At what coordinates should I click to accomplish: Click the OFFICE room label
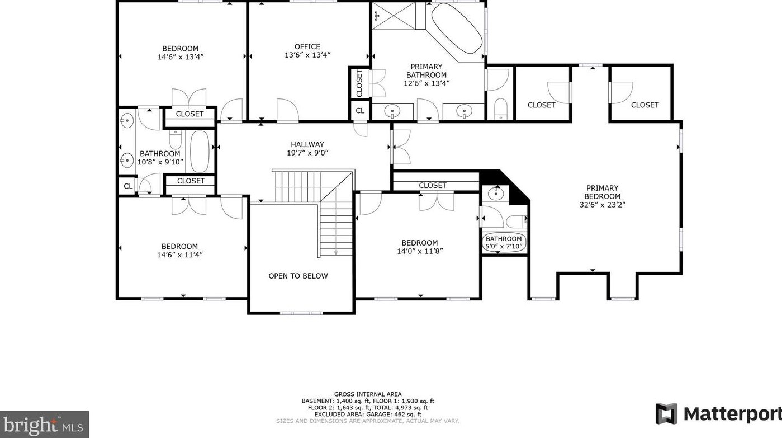pyautogui.click(x=307, y=47)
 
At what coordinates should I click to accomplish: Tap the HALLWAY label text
pyautogui.click(x=307, y=144)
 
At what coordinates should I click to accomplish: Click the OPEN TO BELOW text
pyautogui.click(x=298, y=276)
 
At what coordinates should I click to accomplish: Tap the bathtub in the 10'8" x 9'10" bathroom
pyautogui.click(x=200, y=152)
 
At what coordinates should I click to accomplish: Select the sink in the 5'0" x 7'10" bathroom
pyautogui.click(x=495, y=193)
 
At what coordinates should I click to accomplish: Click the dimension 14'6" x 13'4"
pyautogui.click(x=180, y=56)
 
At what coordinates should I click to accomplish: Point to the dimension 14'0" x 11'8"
pyautogui.click(x=419, y=251)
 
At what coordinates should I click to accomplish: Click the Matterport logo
pyautogui.click(x=718, y=414)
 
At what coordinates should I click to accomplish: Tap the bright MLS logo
pyautogui.click(x=44, y=425)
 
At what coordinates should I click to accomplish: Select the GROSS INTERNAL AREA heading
pyautogui.click(x=368, y=394)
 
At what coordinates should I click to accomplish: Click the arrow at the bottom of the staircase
pyautogui.click(x=336, y=253)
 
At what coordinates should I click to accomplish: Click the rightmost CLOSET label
pyautogui.click(x=644, y=105)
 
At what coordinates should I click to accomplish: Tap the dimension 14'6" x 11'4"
pyautogui.click(x=179, y=255)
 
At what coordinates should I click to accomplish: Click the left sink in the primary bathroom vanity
pyautogui.click(x=392, y=112)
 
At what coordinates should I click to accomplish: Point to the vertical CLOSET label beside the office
pyautogui.click(x=359, y=83)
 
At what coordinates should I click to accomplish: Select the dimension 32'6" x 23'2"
pyautogui.click(x=602, y=205)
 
